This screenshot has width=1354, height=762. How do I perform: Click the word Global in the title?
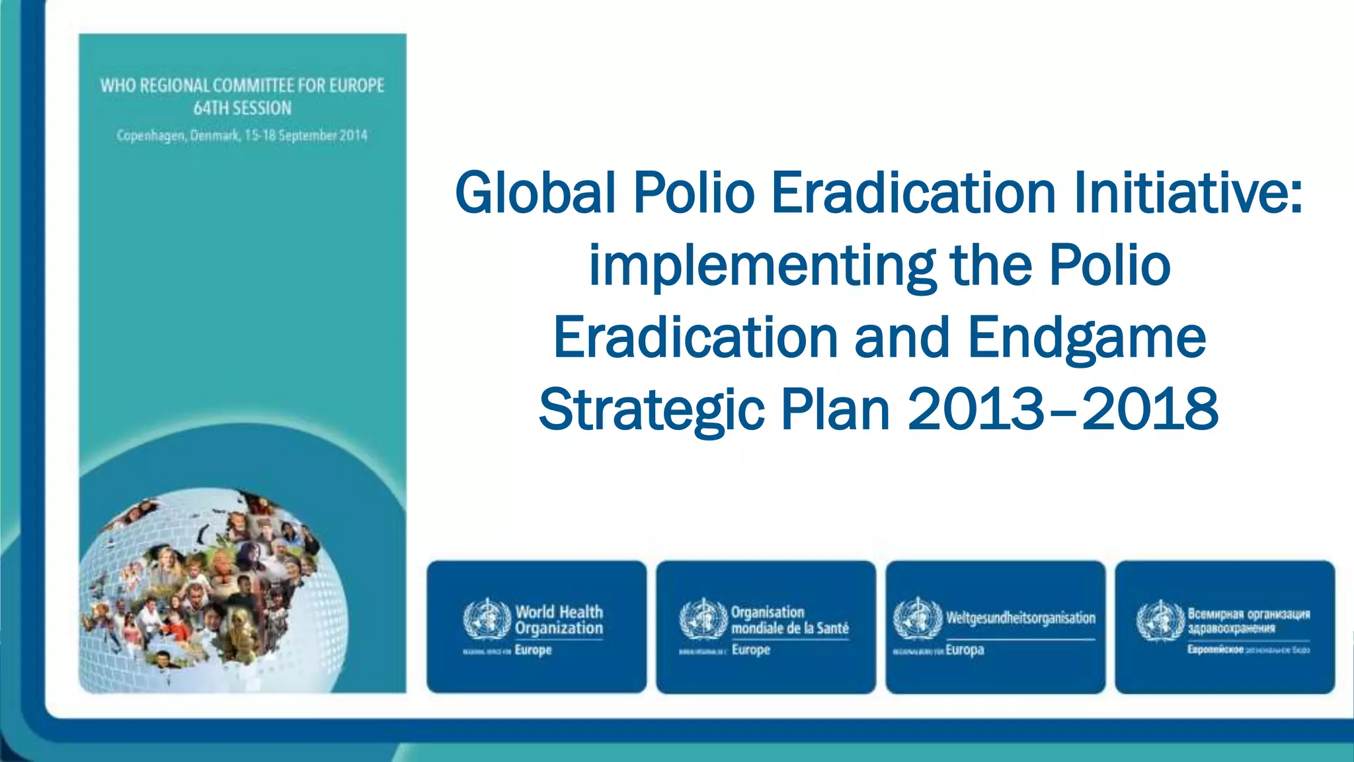[x=536, y=193]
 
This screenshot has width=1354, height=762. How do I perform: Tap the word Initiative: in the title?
[x=1187, y=193]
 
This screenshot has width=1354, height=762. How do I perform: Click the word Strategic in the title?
[x=651, y=410]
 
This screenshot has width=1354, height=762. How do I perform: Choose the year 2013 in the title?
[x=976, y=410]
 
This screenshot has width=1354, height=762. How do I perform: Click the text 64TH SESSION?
[x=242, y=108]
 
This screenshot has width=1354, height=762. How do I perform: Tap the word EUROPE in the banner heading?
[x=357, y=86]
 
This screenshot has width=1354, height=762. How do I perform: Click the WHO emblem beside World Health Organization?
[x=487, y=619]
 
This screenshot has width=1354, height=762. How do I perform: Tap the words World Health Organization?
[x=559, y=620]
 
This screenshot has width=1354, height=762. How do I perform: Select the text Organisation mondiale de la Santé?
[x=789, y=620]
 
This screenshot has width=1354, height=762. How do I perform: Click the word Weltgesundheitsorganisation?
[x=1021, y=618]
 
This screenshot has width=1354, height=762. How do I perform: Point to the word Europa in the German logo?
[x=965, y=650]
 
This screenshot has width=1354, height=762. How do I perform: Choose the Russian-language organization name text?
[x=1248, y=620]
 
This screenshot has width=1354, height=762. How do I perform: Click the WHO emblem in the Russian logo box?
[x=1160, y=620]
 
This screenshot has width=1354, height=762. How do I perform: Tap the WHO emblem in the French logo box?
[x=703, y=619]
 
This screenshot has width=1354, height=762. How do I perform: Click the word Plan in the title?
[x=836, y=410]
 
